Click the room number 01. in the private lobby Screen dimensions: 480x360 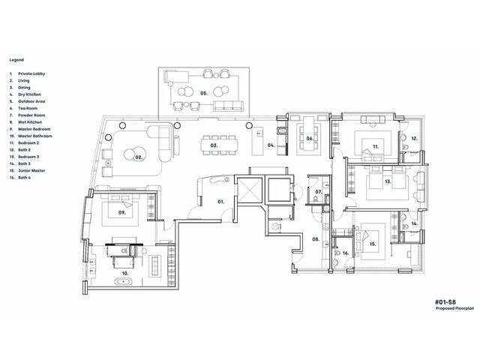(220, 202)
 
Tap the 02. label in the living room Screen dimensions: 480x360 (139, 157)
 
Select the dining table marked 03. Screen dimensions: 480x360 (219, 145)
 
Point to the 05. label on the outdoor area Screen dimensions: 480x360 (204, 93)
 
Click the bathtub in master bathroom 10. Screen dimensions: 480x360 (124, 281)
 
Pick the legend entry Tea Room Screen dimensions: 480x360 (28, 108)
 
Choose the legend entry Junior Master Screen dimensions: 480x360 (31, 171)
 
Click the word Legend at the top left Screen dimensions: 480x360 (16, 60)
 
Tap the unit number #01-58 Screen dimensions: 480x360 (445, 302)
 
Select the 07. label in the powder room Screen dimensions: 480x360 (319, 192)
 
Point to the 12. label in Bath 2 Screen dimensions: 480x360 (414, 139)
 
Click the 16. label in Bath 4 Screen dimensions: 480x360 (346, 253)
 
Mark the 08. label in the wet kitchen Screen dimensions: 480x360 (316, 239)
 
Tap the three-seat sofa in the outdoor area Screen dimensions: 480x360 (228, 106)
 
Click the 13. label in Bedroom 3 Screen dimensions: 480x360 (388, 181)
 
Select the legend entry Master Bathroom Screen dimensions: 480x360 (35, 136)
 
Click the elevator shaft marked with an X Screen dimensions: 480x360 (250, 190)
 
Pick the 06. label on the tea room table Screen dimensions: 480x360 (310, 139)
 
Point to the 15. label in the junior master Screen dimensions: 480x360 (373, 244)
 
